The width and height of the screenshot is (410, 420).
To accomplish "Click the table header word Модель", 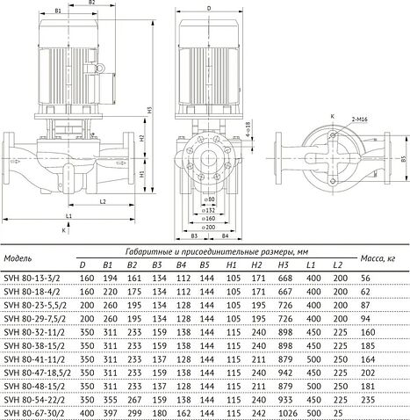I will pos(21,258).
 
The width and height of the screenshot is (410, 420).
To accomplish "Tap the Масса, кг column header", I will pos(378,257).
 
